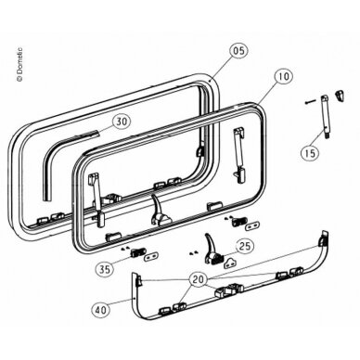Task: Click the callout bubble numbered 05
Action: pos(239,50)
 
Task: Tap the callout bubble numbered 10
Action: pos(283,76)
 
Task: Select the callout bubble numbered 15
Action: pos(310,152)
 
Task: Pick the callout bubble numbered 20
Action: pos(199,279)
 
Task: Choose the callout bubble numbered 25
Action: pos(245,247)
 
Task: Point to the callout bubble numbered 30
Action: pos(122,122)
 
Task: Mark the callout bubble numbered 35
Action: pos(105,269)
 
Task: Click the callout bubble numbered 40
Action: pos(101,309)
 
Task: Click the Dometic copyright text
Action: pos(20,64)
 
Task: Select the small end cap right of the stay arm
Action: pos(341,95)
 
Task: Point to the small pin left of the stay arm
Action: pos(310,101)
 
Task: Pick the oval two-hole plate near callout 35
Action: pos(151,256)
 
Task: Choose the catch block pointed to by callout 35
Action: pos(137,252)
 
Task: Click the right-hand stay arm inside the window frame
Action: pos(238,154)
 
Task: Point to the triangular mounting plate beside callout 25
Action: pos(230,263)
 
